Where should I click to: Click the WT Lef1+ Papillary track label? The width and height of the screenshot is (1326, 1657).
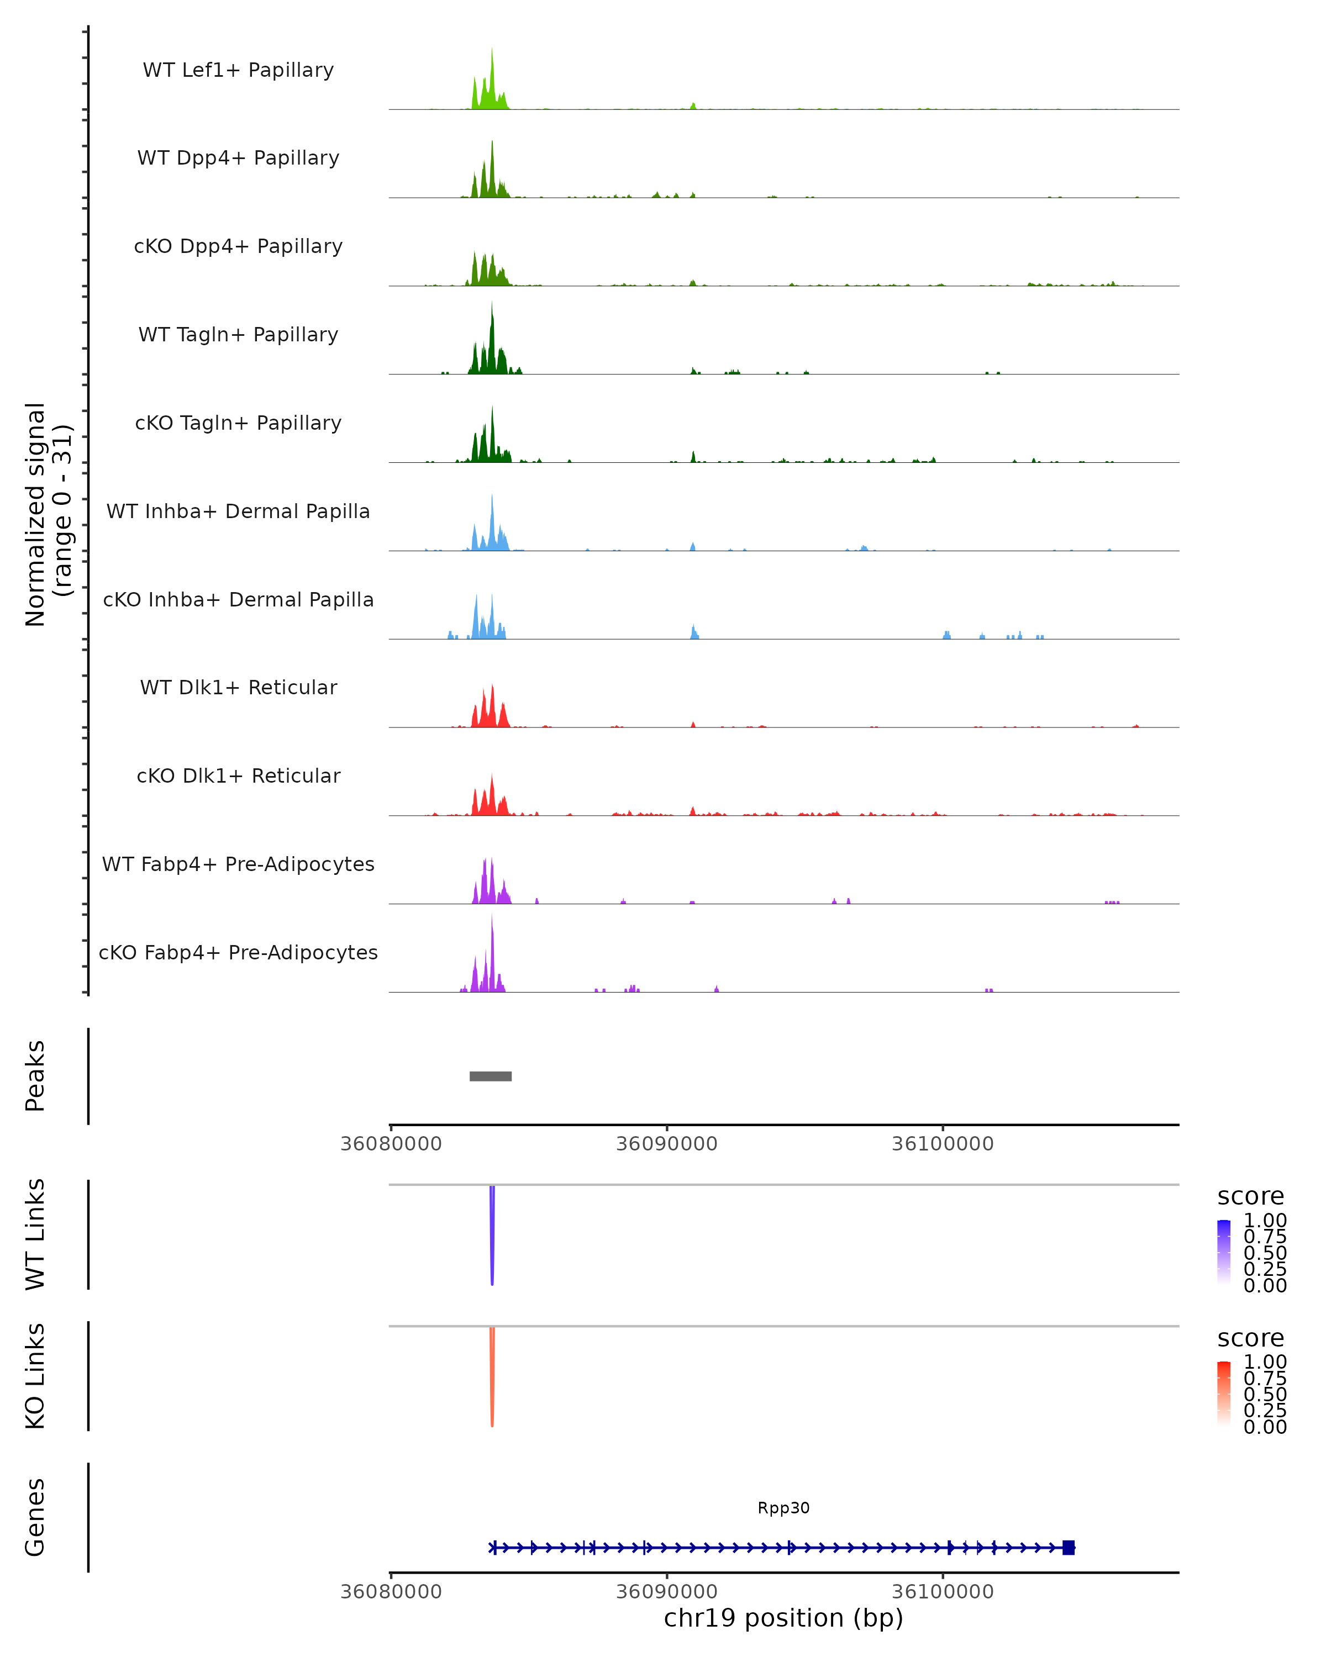click(x=238, y=70)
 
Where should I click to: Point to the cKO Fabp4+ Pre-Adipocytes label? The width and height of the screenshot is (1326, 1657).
click(x=238, y=952)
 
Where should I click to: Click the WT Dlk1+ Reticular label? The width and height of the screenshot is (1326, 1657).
click(x=238, y=687)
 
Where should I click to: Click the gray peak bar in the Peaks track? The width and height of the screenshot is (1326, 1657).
click(x=491, y=1076)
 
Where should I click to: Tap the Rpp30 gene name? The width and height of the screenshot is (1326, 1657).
click(x=783, y=1508)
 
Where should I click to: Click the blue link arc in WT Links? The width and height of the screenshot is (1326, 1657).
click(x=492, y=1237)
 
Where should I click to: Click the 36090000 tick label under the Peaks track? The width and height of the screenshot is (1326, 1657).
click(x=666, y=1144)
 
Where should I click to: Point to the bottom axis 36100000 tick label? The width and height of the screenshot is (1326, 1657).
click(x=943, y=1591)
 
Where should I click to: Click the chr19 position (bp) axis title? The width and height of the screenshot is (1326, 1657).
click(x=783, y=1618)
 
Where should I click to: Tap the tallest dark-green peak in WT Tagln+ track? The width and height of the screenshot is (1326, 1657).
click(x=492, y=338)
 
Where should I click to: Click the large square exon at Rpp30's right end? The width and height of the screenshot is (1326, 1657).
click(x=1069, y=1547)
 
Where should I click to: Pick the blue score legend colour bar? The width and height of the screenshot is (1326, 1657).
click(x=1224, y=1251)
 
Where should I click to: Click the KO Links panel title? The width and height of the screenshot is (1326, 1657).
click(x=35, y=1376)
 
